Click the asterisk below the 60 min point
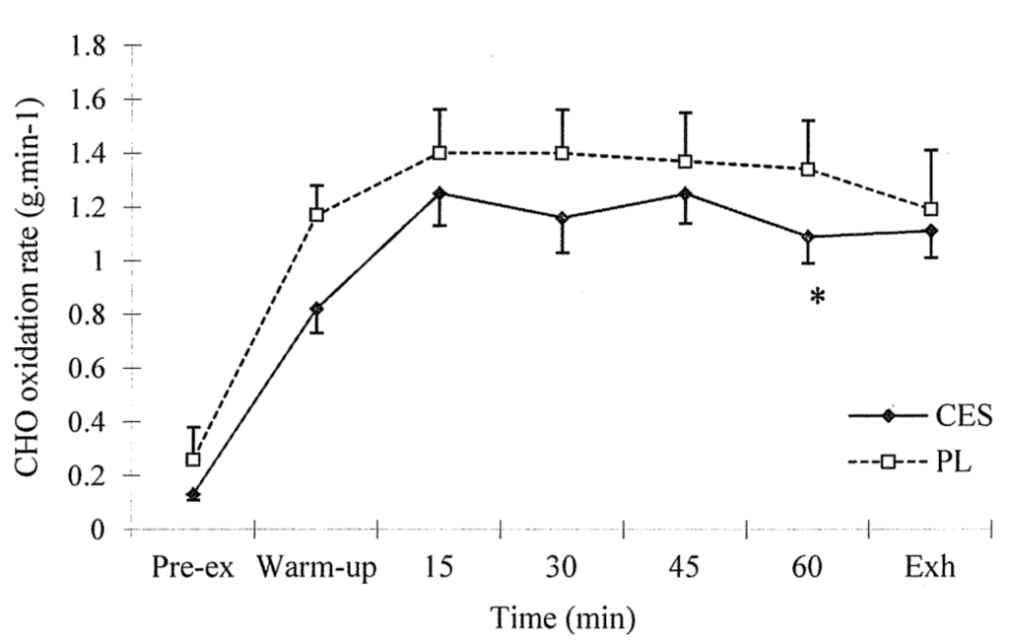(x=817, y=296)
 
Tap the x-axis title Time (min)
(x=563, y=619)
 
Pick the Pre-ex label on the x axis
(x=193, y=571)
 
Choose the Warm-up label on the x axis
(x=316, y=571)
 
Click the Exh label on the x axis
(x=930, y=571)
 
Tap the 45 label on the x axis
(x=685, y=571)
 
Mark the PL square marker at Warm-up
(x=316, y=214)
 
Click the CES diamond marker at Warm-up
(x=316, y=309)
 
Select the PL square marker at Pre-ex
(x=193, y=460)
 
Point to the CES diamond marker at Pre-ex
(x=193, y=495)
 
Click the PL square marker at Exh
(x=930, y=209)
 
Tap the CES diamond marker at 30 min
(x=562, y=218)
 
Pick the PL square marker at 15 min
(x=439, y=153)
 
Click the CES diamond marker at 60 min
(x=808, y=237)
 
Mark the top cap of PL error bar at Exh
(x=930, y=150)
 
